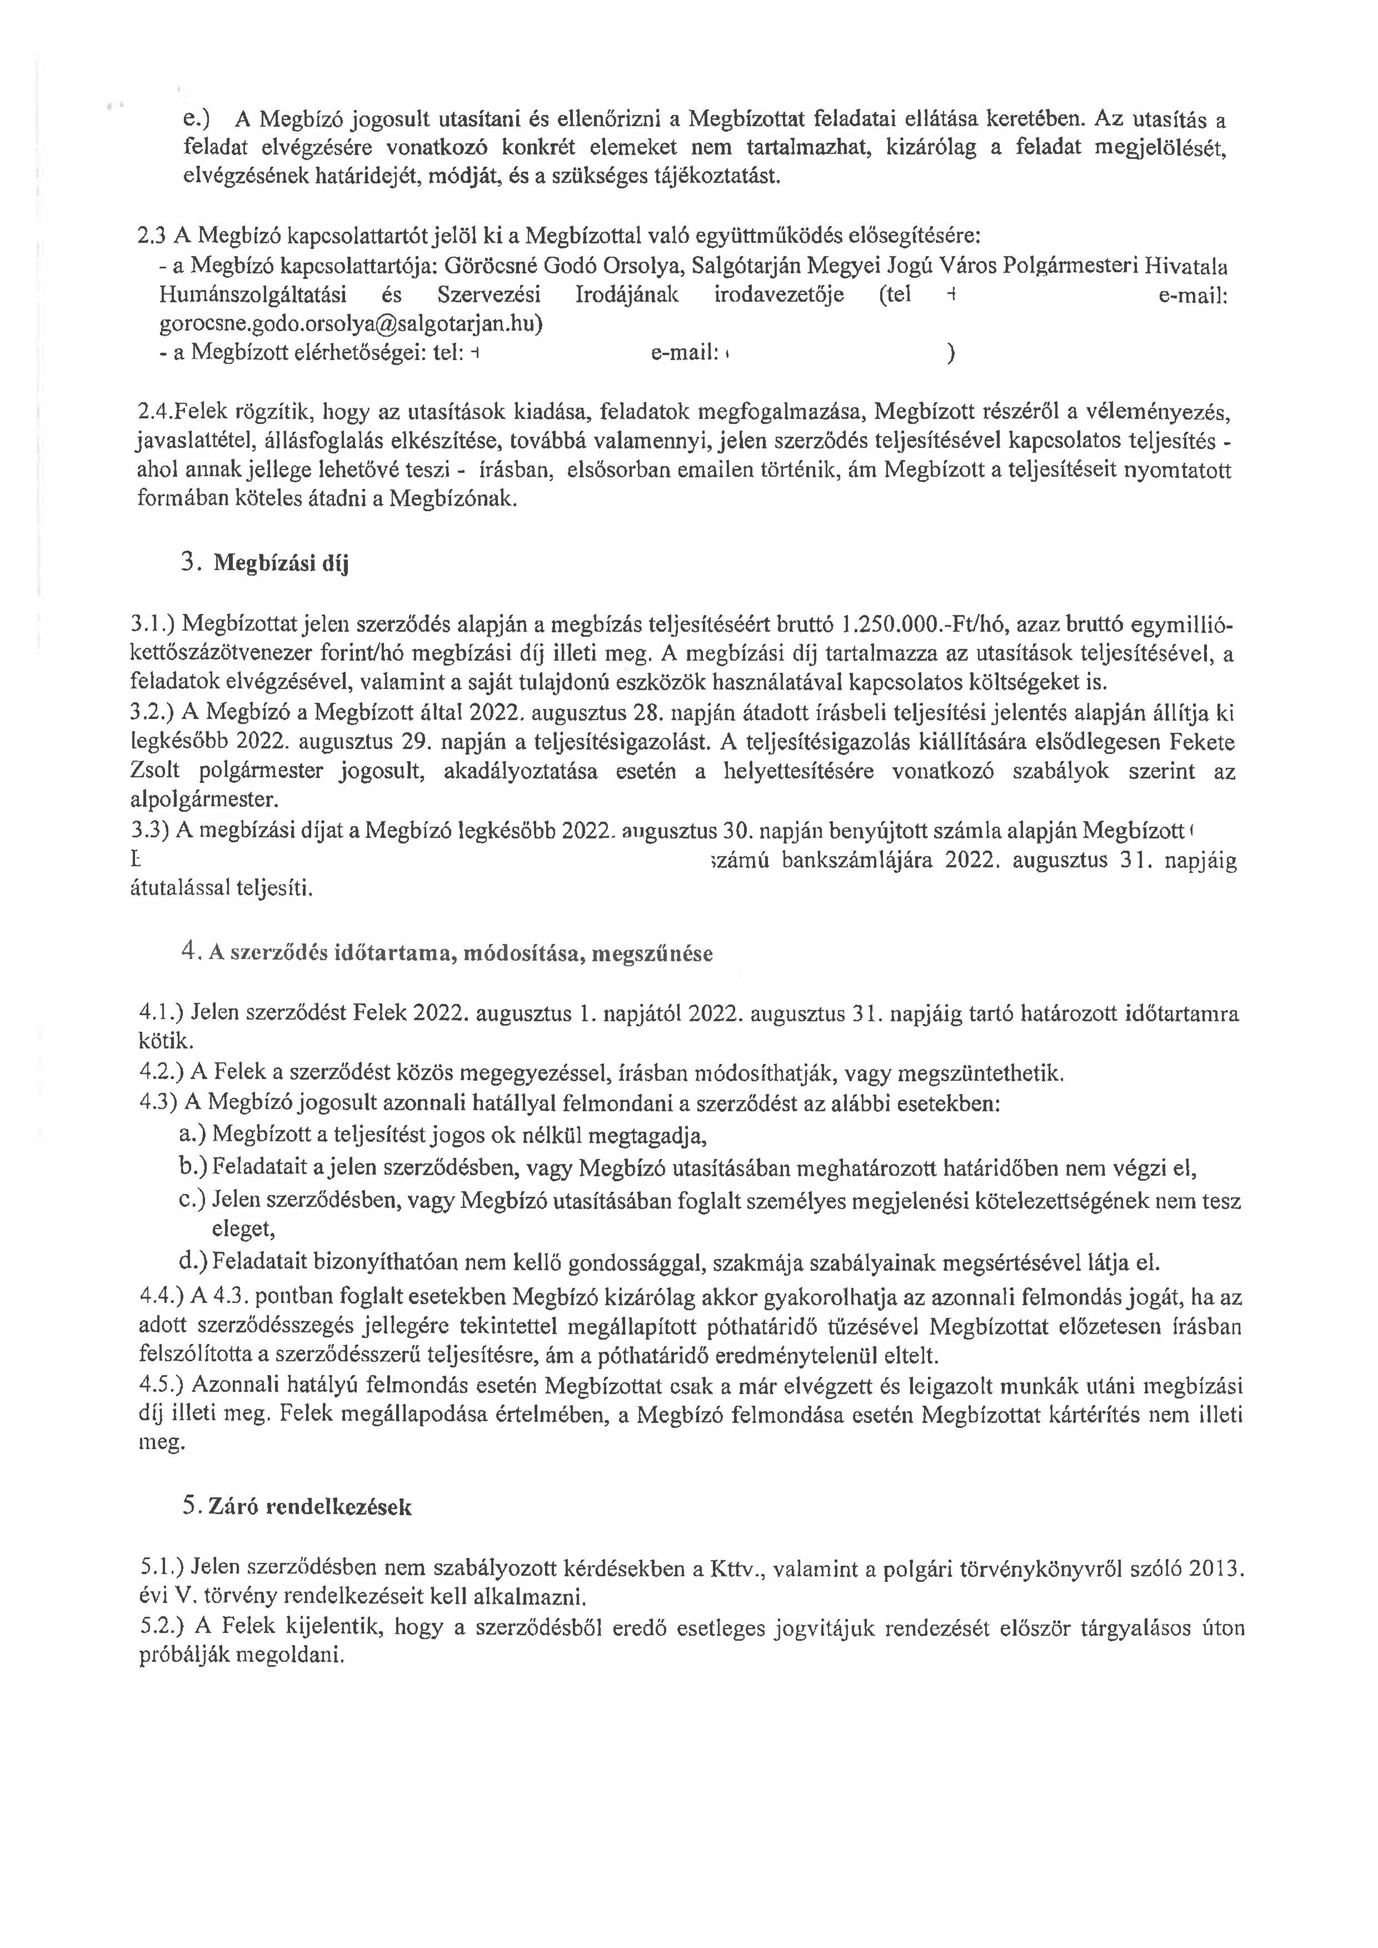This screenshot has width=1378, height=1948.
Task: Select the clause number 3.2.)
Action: click(153, 713)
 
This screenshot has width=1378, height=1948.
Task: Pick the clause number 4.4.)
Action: click(162, 1297)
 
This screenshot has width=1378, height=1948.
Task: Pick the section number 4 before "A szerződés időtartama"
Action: click(188, 952)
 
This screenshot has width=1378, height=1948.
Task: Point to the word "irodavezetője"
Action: click(766, 295)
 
